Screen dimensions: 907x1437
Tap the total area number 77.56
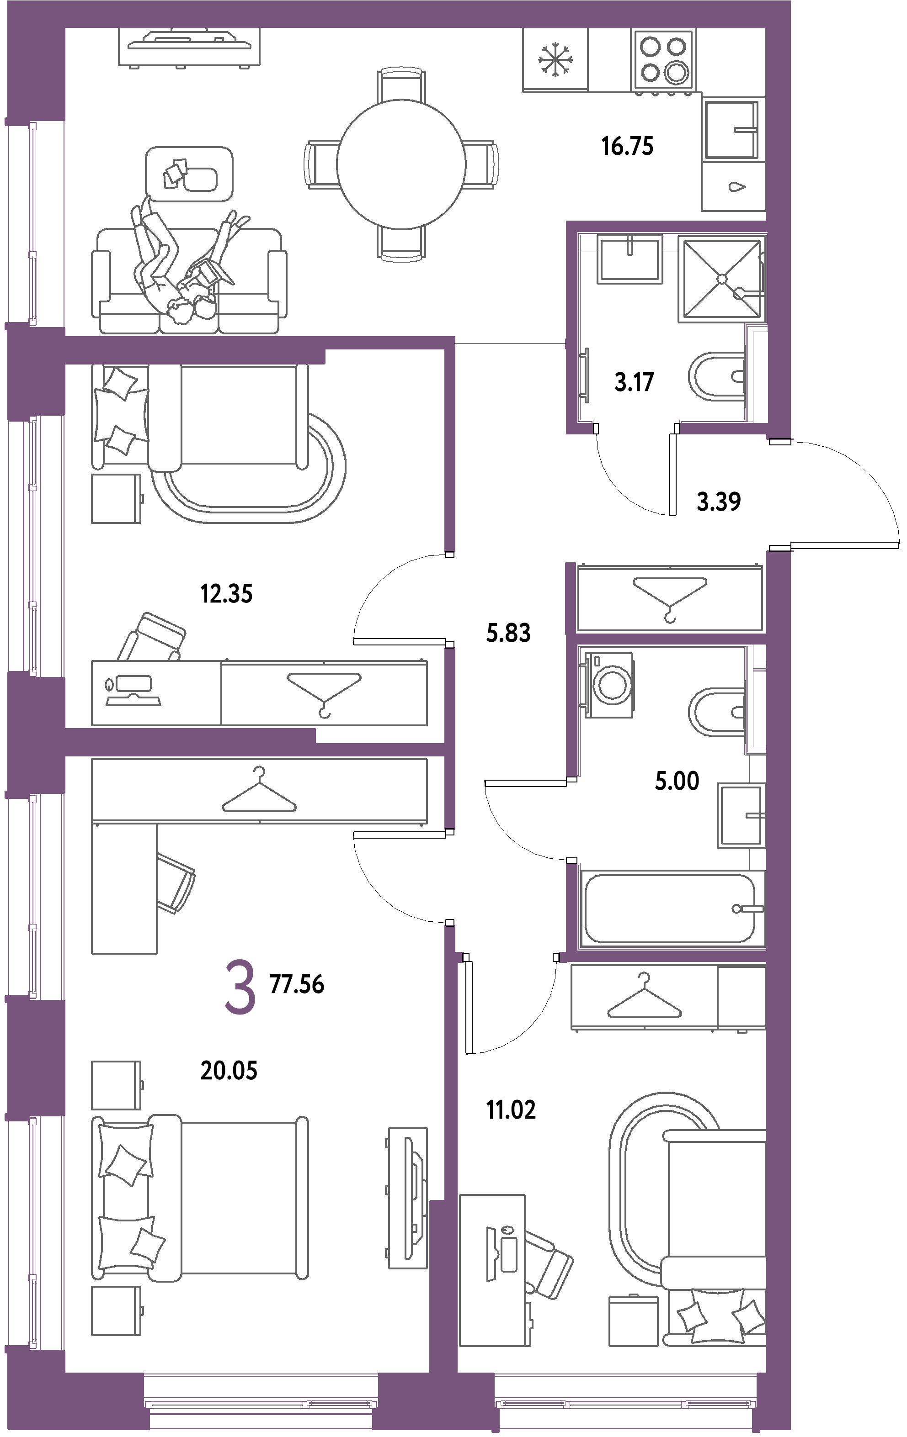297,984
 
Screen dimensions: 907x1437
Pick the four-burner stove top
663,60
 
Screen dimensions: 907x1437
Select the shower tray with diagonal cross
721,279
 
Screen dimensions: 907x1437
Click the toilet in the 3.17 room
716,377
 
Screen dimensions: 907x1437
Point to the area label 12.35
226,594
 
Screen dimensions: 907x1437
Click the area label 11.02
511,1110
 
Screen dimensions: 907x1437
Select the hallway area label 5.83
508,633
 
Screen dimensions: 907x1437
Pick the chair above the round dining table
401,85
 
